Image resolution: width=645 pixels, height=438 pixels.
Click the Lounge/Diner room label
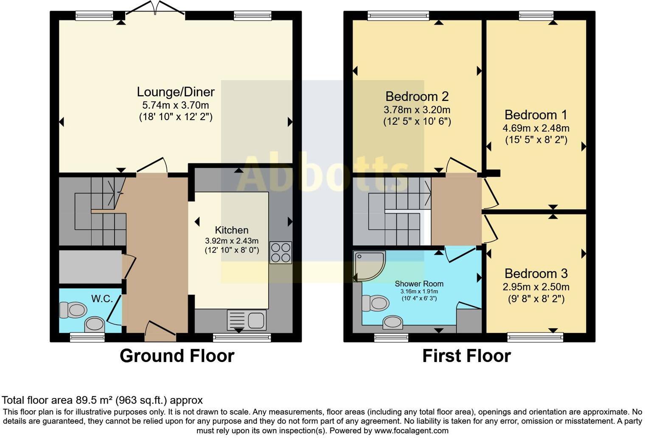176,92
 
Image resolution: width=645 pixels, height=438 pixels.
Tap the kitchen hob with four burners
280,253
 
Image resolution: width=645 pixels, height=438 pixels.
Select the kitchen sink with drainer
247,320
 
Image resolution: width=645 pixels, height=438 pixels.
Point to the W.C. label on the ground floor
102,299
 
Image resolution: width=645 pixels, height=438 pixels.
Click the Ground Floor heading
177,356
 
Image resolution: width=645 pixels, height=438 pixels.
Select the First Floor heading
466,356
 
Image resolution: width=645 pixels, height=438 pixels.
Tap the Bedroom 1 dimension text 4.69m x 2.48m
536,128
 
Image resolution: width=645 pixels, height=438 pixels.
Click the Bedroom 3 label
536,274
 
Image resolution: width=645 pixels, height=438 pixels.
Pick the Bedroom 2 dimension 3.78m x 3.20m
417,110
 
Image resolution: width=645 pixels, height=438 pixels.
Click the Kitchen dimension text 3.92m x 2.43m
232,241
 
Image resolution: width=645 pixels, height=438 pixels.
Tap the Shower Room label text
419,284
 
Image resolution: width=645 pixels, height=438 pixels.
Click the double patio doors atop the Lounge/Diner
155,8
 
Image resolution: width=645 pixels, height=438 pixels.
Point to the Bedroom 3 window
535,337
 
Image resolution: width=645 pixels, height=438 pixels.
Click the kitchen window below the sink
242,337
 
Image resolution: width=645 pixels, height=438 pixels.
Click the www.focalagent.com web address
411,431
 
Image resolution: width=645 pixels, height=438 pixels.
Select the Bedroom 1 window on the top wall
536,16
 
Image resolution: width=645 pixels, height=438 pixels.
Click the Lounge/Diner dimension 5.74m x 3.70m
175,105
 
